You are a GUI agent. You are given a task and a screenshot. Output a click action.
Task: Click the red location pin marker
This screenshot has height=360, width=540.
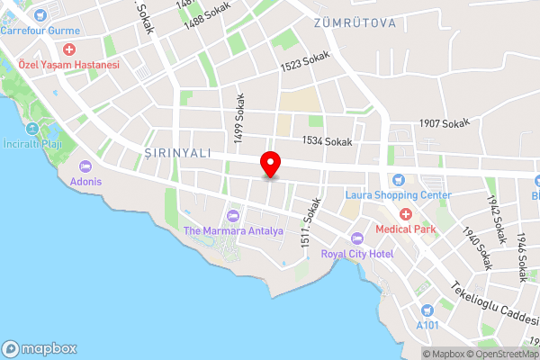tap(270, 165)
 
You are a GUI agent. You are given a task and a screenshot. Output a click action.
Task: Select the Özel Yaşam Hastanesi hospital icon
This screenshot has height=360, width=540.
tap(69, 49)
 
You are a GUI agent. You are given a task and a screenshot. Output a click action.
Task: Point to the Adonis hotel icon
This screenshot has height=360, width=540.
tap(86, 166)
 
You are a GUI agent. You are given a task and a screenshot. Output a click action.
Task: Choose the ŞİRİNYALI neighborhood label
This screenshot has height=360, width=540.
tap(177, 154)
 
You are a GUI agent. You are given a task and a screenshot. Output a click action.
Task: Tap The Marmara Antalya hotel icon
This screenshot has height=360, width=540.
tap(233, 215)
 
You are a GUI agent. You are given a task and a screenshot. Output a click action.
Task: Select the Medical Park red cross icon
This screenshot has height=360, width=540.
tap(405, 213)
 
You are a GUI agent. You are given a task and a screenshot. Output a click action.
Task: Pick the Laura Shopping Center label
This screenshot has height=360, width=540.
tap(399, 194)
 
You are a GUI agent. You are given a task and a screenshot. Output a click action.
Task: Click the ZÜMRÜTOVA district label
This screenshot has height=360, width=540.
tap(354, 22)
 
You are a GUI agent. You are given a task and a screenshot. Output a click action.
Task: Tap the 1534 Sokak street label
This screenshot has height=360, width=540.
tap(327, 141)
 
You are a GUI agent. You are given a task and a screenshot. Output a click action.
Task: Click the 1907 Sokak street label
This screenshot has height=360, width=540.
tap(445, 124)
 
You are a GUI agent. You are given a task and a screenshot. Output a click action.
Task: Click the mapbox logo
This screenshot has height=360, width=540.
tap(40, 348)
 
